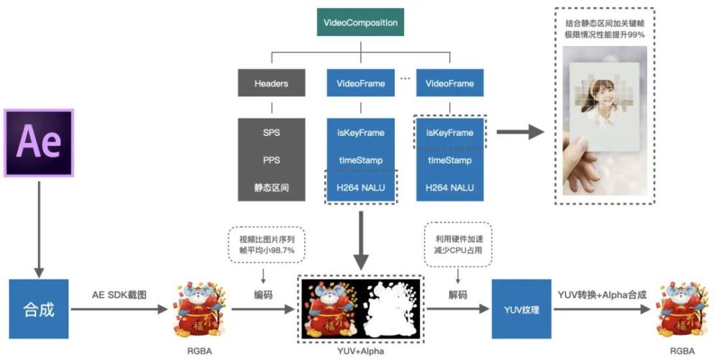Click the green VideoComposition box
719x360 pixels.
[359, 23]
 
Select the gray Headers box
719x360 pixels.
[271, 83]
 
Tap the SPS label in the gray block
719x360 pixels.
[271, 133]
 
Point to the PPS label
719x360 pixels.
[271, 160]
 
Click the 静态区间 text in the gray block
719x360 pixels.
[271, 188]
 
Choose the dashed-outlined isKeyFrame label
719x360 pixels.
[449, 133]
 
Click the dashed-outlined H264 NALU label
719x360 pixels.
[360, 188]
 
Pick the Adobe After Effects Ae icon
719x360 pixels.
[39, 142]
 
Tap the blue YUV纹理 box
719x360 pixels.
[521, 310]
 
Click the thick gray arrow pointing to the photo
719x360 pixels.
[519, 133]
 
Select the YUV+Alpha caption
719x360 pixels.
[359, 351]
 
